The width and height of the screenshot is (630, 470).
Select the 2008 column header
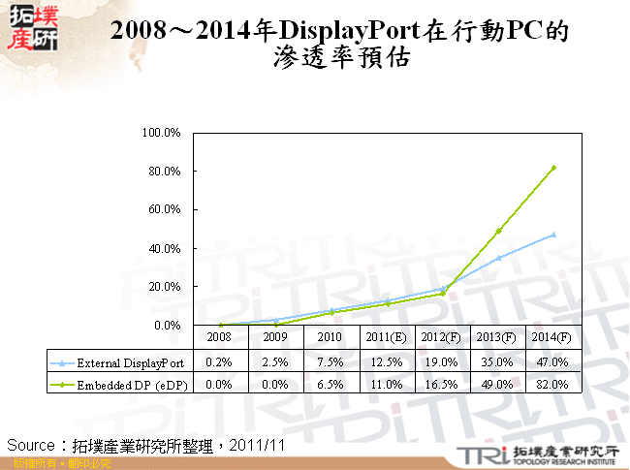(x=221, y=338)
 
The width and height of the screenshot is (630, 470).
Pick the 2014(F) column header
(x=553, y=338)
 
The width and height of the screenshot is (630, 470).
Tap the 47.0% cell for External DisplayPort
(x=553, y=363)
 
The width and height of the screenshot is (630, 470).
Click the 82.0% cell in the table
(x=553, y=384)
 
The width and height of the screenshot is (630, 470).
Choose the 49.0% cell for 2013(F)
(x=498, y=384)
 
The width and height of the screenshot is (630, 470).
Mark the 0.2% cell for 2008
(x=221, y=363)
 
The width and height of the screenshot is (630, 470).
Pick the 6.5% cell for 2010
(x=331, y=384)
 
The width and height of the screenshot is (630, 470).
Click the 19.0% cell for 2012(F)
(x=443, y=363)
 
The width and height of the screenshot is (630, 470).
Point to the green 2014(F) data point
(x=553, y=168)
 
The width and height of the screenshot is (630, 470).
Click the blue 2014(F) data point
(x=553, y=235)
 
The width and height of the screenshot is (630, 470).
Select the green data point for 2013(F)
(x=498, y=231)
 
